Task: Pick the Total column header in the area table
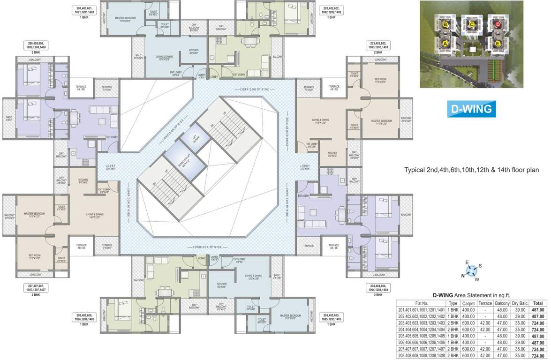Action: (538, 303)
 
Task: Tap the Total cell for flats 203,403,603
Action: (538, 323)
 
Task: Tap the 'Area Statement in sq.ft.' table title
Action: (485, 295)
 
